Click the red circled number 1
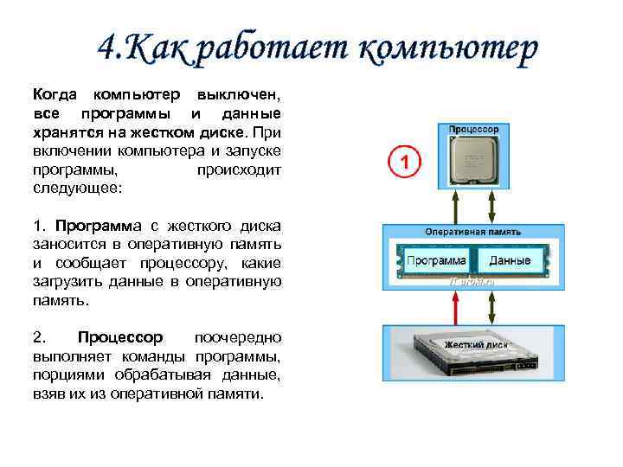tap(403, 162)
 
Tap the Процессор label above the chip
tap(473, 128)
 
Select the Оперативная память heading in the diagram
tap(473, 232)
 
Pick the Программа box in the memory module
tap(436, 260)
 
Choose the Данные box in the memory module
tap(511, 260)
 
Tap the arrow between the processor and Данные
tap(492, 207)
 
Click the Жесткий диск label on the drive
tap(475, 344)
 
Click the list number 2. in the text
tap(39, 337)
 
